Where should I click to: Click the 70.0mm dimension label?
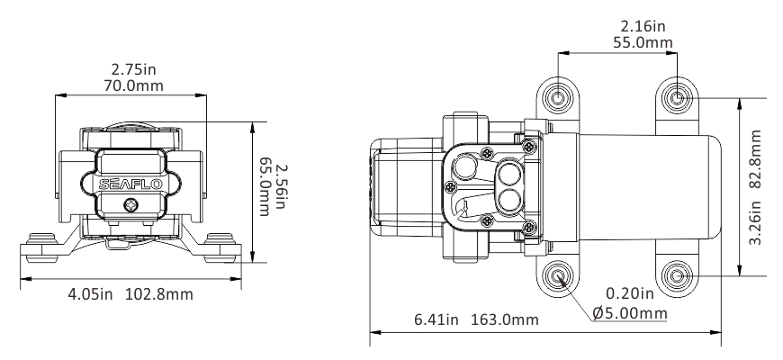click(131, 85)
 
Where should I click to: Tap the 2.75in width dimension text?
click(131, 69)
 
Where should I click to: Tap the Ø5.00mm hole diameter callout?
click(630, 312)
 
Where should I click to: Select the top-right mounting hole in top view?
click(679, 95)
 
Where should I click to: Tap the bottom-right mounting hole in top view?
click(679, 274)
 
